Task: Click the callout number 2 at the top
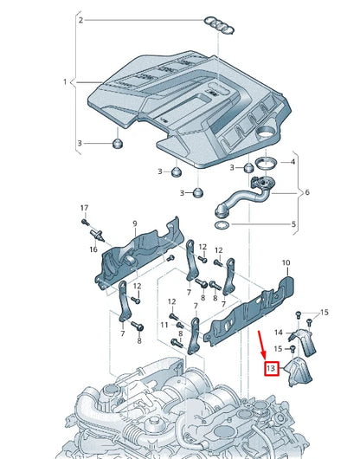click(80, 19)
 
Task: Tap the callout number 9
click(135, 224)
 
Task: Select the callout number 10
click(286, 262)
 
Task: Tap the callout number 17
click(84, 209)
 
